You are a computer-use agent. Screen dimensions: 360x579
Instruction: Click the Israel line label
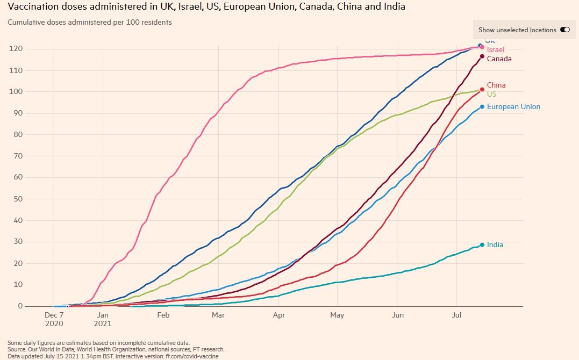pos(496,49)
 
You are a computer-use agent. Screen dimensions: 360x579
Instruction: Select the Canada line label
pos(499,59)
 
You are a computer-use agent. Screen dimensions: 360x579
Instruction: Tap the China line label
pos(496,85)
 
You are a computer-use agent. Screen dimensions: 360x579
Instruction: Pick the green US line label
pos(491,94)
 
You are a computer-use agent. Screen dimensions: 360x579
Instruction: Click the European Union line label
pos(513,106)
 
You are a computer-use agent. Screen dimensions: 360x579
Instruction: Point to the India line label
pos(495,244)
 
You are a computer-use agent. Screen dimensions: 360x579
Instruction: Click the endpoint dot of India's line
pos(482,244)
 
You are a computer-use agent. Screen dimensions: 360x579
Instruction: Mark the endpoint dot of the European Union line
pos(482,107)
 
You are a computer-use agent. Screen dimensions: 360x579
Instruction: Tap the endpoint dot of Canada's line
pos(482,56)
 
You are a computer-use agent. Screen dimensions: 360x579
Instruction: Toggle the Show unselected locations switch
pos(564,30)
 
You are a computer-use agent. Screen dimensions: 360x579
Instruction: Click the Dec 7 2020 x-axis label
pos(54,319)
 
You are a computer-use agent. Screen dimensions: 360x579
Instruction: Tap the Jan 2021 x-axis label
pos(102,319)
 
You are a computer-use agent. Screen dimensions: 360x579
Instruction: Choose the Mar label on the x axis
pos(218,315)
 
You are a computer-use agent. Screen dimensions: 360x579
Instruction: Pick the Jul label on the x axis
pos(458,315)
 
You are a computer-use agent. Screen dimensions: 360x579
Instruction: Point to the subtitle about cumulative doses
pos(90,23)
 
